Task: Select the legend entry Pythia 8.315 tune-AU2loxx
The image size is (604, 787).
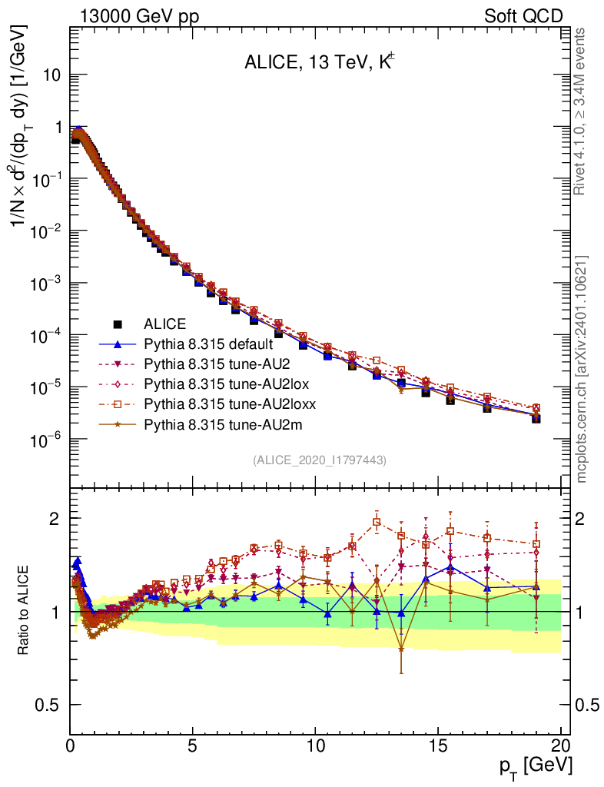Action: pos(210,403)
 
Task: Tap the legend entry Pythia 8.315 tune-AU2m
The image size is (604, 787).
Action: pos(202,423)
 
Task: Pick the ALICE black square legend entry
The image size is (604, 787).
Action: pos(165,324)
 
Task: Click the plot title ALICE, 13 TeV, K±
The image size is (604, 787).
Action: pos(319,63)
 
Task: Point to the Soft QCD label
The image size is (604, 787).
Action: pos(523,16)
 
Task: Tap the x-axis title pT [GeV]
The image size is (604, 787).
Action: pos(536,765)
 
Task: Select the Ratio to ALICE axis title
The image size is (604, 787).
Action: pos(24,611)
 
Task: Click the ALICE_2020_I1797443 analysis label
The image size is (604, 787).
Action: pos(319,460)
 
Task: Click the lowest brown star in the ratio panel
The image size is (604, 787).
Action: pos(401,649)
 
